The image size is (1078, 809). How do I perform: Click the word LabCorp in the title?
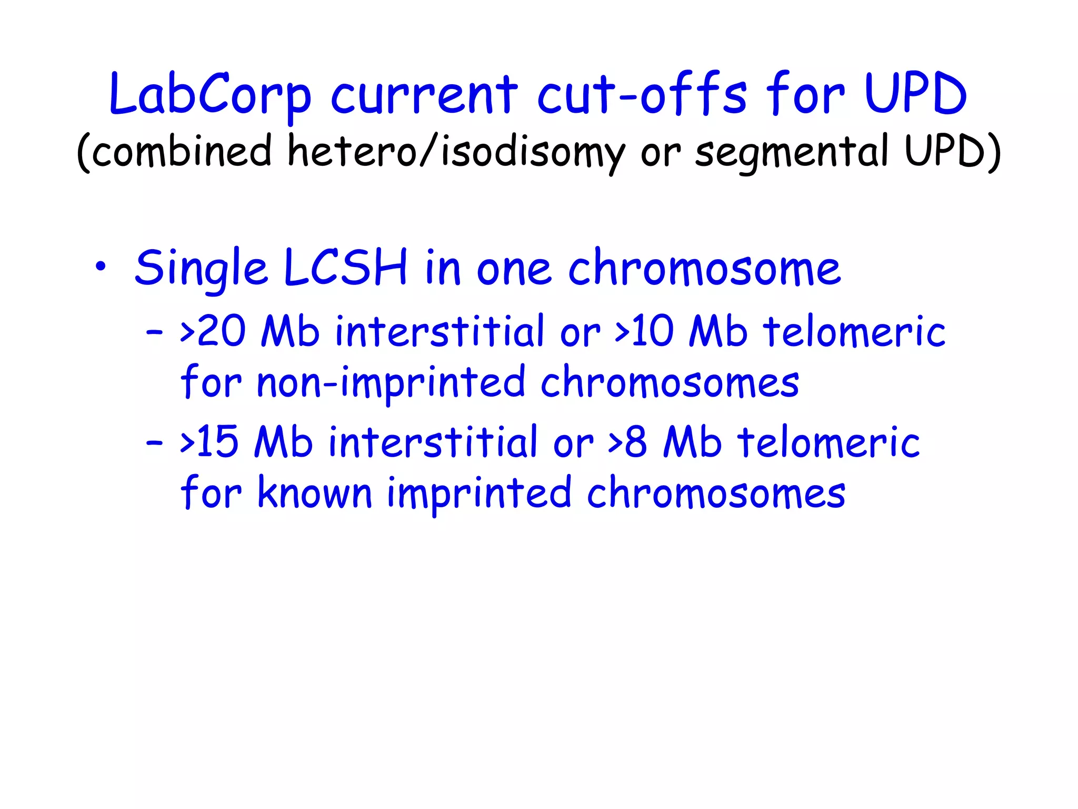[210, 95]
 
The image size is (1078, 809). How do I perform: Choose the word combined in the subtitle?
[182, 151]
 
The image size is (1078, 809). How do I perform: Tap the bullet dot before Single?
[101, 267]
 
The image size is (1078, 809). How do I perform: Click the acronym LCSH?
[345, 267]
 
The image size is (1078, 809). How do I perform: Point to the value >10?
[644, 332]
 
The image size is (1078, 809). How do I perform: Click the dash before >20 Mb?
[154, 333]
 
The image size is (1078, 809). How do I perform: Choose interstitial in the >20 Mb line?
[440, 332]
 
